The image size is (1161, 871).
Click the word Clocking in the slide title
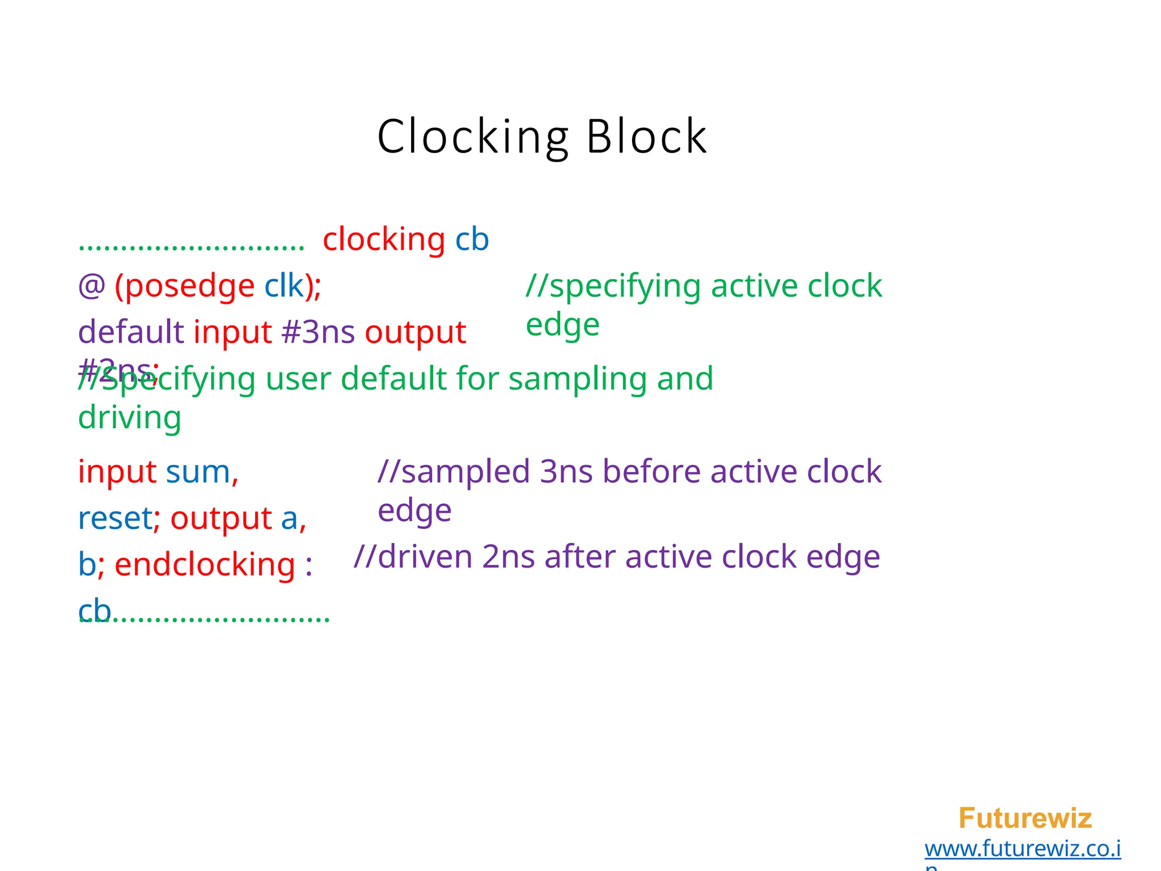(x=473, y=137)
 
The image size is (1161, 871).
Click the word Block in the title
(x=646, y=137)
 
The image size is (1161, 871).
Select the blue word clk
(x=284, y=286)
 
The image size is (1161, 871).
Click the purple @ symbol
(x=92, y=286)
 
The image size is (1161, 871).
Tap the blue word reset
(x=115, y=518)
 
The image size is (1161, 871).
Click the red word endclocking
(x=205, y=565)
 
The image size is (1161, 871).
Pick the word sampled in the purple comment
(x=465, y=472)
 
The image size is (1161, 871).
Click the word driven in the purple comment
(x=425, y=557)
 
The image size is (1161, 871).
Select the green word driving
(x=130, y=418)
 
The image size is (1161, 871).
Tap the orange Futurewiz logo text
(x=1025, y=818)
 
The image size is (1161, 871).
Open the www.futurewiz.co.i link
(x=1023, y=849)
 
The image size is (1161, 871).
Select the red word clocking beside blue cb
(x=384, y=239)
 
